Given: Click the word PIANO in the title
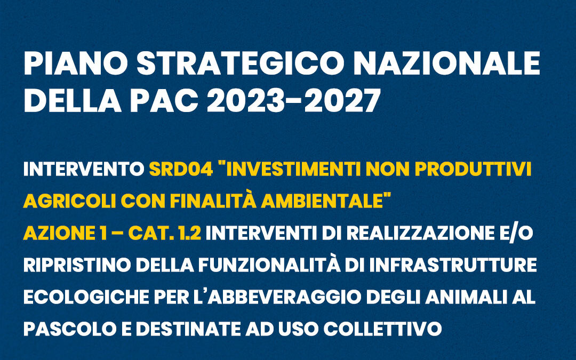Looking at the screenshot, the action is [x=76, y=63].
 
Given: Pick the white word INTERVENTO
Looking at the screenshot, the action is [x=84, y=169].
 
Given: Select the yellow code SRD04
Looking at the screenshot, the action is [x=181, y=169].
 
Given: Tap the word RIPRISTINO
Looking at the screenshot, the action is [x=77, y=265].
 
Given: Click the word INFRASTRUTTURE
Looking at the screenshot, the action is [x=453, y=265].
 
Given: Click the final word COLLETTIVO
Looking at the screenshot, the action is [x=382, y=329].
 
